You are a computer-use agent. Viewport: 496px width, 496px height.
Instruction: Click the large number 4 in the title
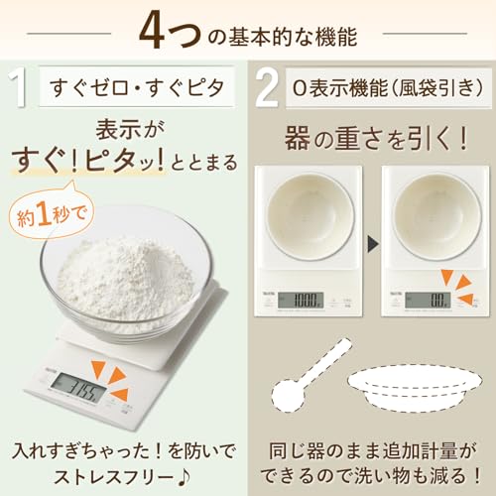point(158,31)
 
